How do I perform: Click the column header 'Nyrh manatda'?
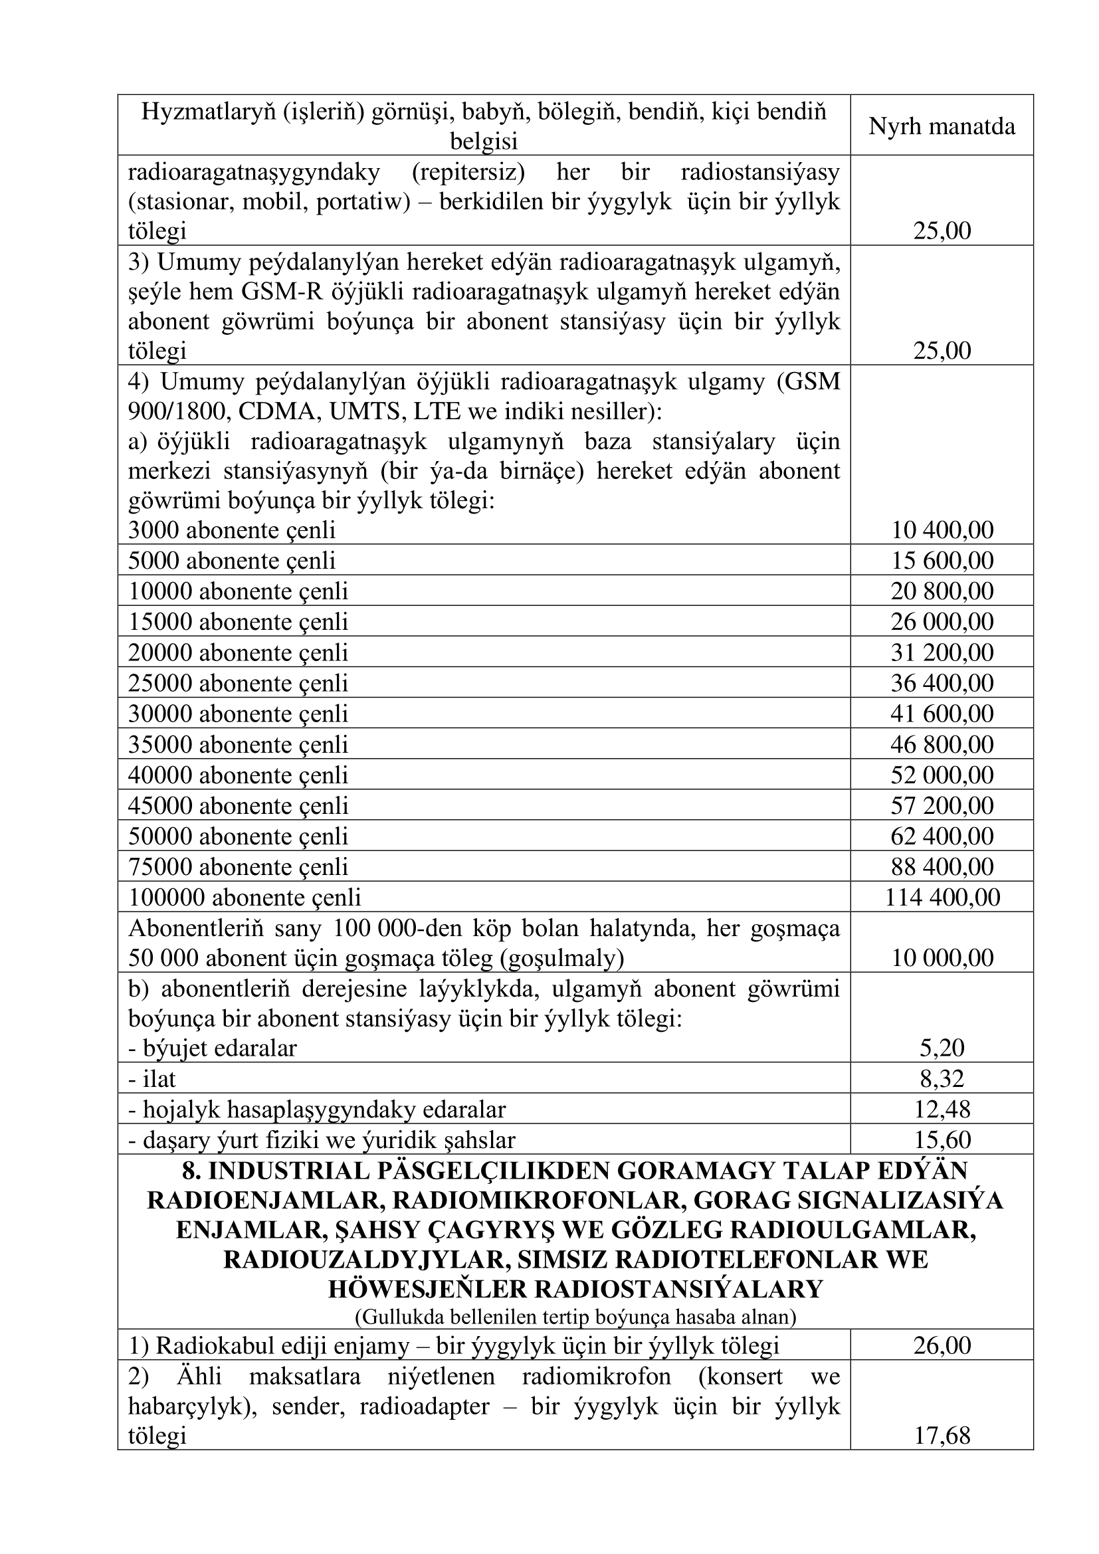point(942,127)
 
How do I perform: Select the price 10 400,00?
point(942,530)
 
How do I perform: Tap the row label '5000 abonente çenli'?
point(232,561)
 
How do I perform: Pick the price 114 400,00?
point(942,898)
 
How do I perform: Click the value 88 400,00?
point(942,867)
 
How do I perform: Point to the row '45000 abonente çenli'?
point(239,806)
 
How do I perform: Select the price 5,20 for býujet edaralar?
point(942,1048)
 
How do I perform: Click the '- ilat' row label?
point(152,1079)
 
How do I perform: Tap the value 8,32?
point(942,1079)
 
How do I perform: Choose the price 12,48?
point(942,1110)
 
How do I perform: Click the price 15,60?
point(942,1140)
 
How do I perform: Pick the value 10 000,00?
point(942,958)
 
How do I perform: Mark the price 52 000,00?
point(942,775)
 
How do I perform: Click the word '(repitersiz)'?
point(468,172)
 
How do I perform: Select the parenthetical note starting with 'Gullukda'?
point(575,1317)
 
